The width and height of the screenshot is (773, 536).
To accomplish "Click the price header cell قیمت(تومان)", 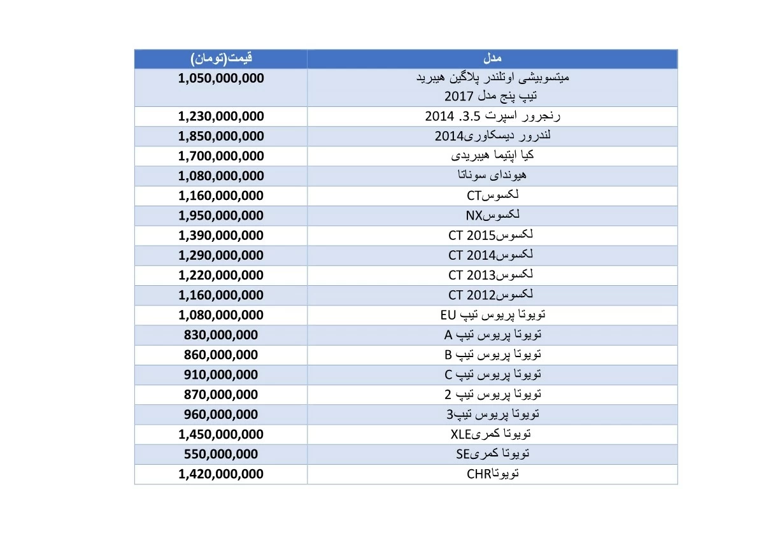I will coord(221,59).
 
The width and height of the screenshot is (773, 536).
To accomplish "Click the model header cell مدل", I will coord(492,59).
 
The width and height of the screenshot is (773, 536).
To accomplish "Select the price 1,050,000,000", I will coord(221,78).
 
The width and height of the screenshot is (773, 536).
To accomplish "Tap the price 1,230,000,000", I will coord(221,116).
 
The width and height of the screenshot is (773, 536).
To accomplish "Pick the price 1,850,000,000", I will coord(221,136).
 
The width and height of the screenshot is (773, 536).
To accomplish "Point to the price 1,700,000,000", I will coord(221,156).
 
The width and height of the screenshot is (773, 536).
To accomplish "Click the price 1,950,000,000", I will coord(221,215).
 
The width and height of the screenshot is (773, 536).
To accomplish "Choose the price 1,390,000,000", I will coord(221,236).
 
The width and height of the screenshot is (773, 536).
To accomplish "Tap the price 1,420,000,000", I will coord(221,474).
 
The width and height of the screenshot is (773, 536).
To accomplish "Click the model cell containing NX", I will coord(492,215).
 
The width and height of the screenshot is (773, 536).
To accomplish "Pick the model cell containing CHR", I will coord(493,474).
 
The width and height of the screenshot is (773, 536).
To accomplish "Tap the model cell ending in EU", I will coord(492,314).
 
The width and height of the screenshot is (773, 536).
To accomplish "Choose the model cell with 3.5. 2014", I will coord(492,116).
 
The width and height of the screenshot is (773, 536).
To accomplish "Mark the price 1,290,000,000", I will coord(221,255).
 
